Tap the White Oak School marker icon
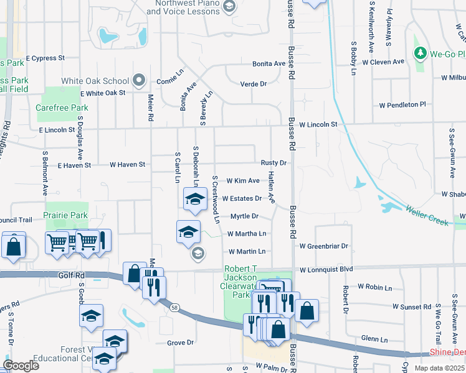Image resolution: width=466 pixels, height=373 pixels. [x=140, y=81]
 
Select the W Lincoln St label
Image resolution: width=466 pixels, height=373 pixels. [x=318, y=124]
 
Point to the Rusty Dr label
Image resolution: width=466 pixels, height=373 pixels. [x=273, y=163]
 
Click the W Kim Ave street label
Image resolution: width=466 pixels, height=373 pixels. [x=242, y=181]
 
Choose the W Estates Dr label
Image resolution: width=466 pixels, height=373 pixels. [x=242, y=199]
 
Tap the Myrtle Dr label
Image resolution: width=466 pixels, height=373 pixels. [x=244, y=216]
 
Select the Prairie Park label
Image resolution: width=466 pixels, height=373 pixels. [x=65, y=215]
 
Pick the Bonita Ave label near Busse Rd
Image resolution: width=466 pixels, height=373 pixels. [x=269, y=63]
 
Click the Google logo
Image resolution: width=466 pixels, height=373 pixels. [x=21, y=366]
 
